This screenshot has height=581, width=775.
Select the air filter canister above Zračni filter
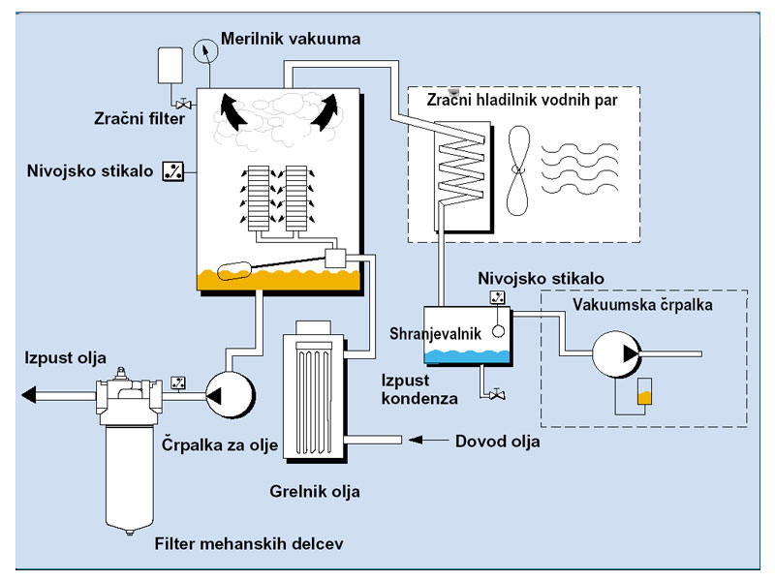[170, 66]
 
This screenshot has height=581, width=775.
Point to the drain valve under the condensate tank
[495, 394]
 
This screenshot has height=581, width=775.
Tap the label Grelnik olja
[315, 492]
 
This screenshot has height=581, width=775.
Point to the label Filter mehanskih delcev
[249, 543]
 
